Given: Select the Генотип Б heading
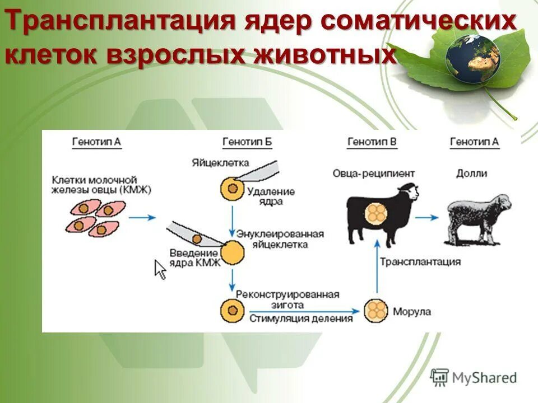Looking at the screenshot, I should click(247, 142).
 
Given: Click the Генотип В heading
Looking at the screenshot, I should click(372, 142).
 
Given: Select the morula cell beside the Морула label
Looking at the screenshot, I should click(376, 311).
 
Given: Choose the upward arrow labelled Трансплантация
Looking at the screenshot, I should click(377, 269).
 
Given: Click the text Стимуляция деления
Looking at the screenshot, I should click(301, 318).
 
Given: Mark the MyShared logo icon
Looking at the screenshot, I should click(440, 377).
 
